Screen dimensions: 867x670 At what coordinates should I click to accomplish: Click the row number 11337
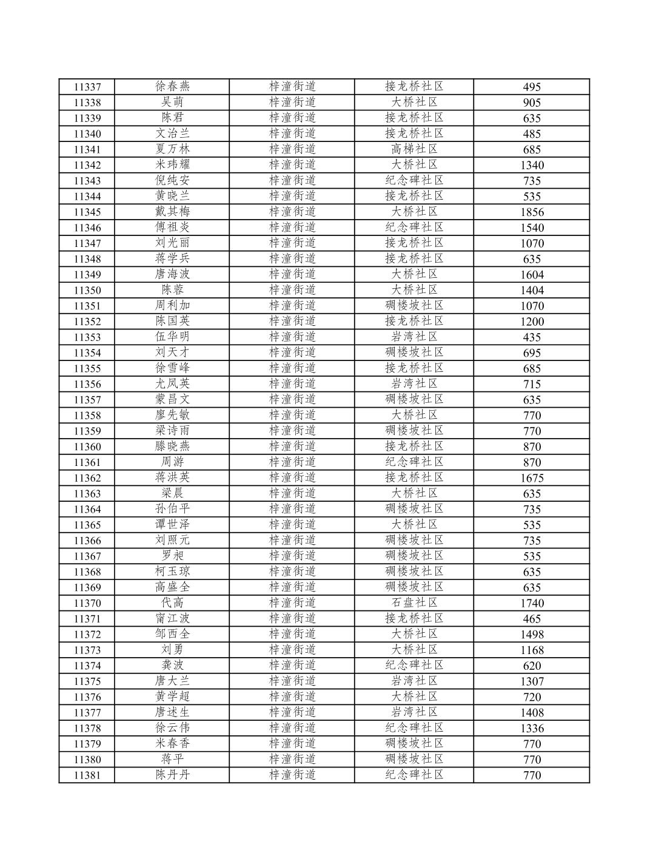[87, 87]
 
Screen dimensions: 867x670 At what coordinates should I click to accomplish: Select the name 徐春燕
[172, 86]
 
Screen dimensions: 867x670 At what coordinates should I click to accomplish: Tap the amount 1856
[532, 212]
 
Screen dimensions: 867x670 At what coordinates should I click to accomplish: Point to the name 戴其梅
[172, 211]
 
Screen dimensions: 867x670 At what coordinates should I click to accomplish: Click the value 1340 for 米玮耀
[532, 165]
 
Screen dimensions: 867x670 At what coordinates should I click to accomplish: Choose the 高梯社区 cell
[414, 149]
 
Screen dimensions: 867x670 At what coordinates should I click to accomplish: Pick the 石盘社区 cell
[414, 602]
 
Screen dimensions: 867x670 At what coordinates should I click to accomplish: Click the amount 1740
[532, 603]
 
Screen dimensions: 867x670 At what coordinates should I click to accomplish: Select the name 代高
[172, 602]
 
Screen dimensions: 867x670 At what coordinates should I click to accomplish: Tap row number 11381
[87, 775]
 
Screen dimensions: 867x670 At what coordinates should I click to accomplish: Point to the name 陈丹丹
[172, 775]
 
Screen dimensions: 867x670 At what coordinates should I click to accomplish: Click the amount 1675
[532, 478]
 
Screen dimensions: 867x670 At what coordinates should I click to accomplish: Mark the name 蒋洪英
[172, 477]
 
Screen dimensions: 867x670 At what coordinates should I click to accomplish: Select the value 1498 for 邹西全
[532, 635]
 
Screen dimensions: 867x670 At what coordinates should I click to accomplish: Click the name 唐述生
[172, 712]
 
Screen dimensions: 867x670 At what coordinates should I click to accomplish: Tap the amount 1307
[532, 681]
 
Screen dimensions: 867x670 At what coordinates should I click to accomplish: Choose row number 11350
[87, 291]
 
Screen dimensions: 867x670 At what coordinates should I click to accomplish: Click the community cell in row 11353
[414, 337]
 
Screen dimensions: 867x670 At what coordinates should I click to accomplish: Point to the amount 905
[532, 103]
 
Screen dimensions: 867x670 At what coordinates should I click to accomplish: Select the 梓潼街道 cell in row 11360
[292, 446]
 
